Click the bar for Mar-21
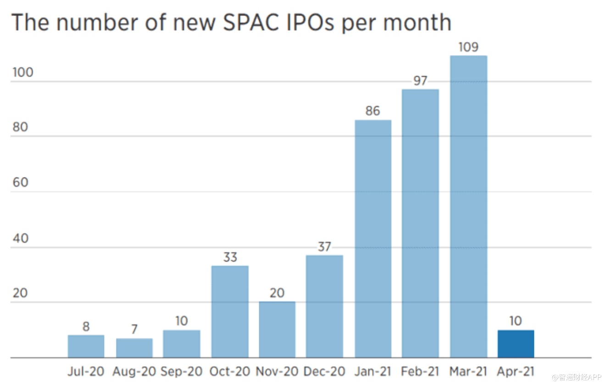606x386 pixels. (468, 207)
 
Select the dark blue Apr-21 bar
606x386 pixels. (516, 344)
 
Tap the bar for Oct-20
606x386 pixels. (230, 312)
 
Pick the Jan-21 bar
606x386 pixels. (373, 239)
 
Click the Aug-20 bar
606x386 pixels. (134, 348)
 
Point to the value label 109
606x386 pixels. (468, 47)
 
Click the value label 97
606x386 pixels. (420, 81)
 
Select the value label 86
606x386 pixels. (373, 111)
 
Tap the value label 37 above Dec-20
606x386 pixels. (324, 247)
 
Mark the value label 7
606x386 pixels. (134, 330)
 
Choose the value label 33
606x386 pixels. (230, 257)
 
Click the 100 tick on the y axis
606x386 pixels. (23, 73)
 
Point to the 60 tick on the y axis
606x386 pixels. (20, 183)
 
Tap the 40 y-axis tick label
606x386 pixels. (20, 238)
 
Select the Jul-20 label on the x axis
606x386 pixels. (86, 371)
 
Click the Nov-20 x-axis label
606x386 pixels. (277, 371)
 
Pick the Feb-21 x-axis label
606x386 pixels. (420, 371)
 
